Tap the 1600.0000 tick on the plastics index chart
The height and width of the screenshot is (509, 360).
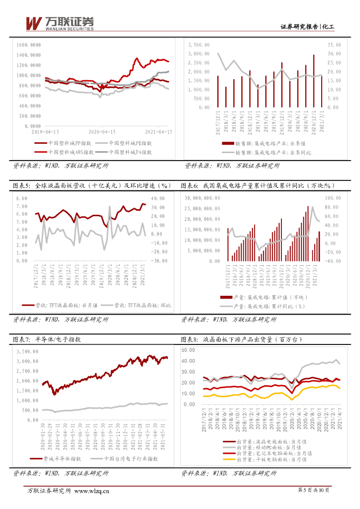click(x=28, y=45)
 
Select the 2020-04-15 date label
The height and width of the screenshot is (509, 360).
click(x=102, y=132)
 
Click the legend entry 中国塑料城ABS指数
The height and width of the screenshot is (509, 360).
click(x=71, y=151)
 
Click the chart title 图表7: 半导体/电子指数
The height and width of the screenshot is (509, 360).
click(x=48, y=339)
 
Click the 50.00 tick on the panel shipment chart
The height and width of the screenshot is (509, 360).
click(x=189, y=350)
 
